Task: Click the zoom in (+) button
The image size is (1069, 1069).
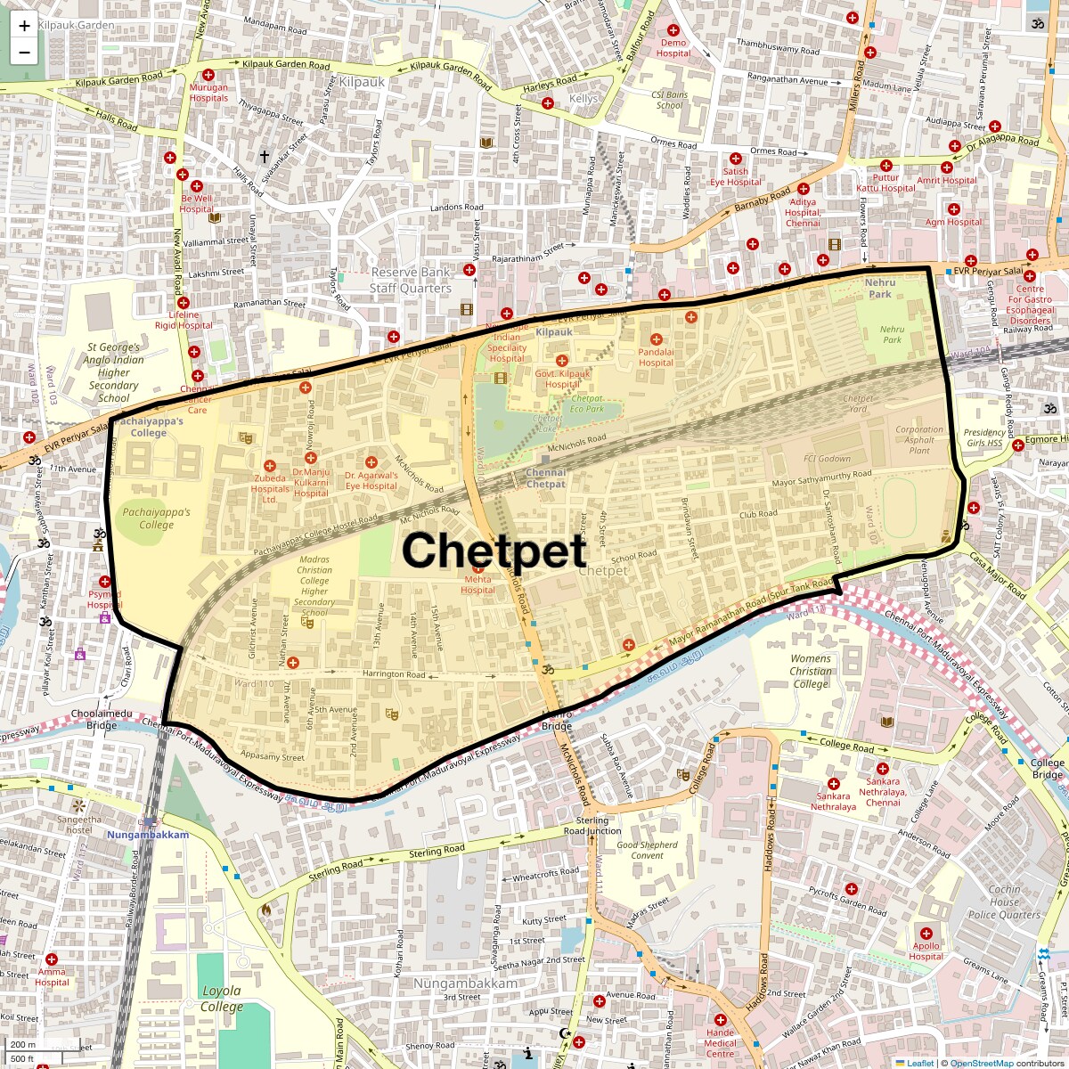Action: [x=24, y=26]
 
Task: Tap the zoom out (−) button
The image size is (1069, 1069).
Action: [x=24, y=53]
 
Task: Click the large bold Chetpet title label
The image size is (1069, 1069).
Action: [x=494, y=550]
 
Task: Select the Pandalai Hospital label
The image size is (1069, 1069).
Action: [x=656, y=357]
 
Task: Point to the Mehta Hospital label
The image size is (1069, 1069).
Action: [x=477, y=585]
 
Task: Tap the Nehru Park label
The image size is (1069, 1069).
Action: [x=880, y=288]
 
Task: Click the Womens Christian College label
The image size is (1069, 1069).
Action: [x=811, y=671]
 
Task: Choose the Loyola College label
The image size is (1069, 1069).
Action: [x=221, y=999]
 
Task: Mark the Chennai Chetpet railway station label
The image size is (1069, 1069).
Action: [x=546, y=478]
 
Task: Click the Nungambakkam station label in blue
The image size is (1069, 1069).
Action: [x=148, y=835]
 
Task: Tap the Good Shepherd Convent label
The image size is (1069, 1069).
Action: [x=648, y=850]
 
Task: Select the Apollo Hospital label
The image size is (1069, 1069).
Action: [x=926, y=951]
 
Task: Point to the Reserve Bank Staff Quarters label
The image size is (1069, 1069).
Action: [x=411, y=280]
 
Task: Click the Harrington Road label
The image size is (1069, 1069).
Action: [x=395, y=674]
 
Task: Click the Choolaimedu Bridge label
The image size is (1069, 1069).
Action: [x=102, y=719]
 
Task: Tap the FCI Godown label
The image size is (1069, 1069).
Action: [x=828, y=459]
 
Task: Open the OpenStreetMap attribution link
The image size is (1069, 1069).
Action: [x=981, y=1063]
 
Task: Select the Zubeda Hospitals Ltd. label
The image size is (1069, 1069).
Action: [x=270, y=488]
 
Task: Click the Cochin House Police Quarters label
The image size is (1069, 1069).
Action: [x=1004, y=902]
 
